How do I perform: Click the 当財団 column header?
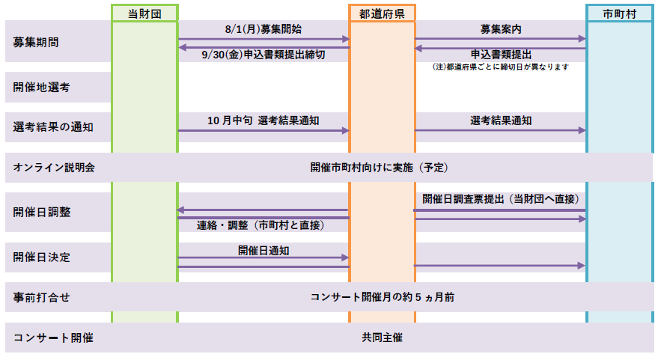point(144,13)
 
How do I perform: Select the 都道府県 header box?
point(382,13)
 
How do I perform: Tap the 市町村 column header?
point(619,13)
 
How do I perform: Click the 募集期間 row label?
point(36,42)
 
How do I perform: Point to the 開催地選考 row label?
point(41,88)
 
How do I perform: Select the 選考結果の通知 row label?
point(53,127)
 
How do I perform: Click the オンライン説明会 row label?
point(54,168)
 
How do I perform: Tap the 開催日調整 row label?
point(42,212)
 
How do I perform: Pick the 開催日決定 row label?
point(41,257)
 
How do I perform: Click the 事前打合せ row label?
point(41,297)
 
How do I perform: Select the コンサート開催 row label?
point(53,338)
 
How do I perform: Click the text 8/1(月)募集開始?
point(264,29)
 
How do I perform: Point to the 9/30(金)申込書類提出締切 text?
point(264,55)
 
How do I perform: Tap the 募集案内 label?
point(501,29)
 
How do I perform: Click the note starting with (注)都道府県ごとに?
point(501,67)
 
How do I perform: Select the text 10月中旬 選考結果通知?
point(264,120)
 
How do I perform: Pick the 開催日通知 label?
point(264,251)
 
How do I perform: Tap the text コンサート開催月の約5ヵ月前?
point(383,297)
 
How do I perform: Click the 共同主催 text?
point(382,338)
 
